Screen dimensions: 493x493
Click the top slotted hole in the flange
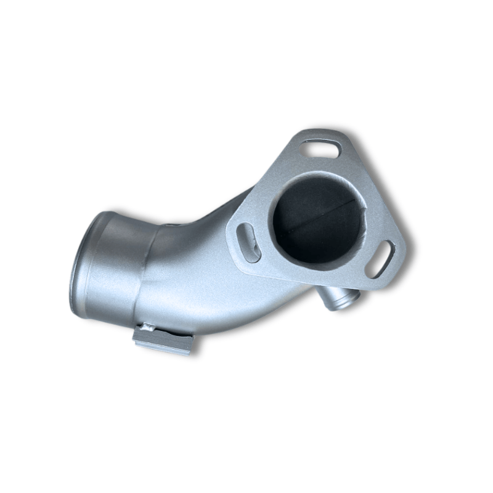320,148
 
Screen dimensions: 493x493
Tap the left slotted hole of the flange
248,242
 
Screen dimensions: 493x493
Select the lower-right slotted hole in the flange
380,259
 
